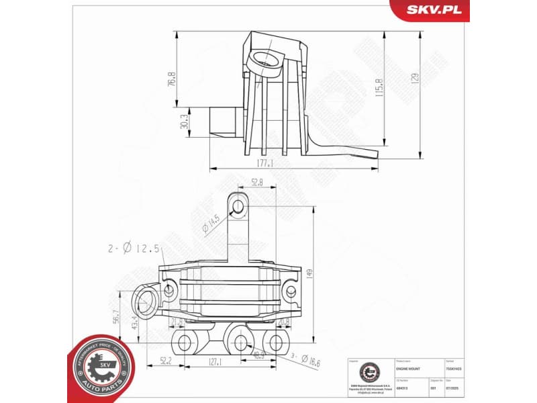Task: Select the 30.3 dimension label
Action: point(184,122)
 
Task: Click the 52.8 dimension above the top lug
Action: point(256,182)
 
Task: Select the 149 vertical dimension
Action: point(309,275)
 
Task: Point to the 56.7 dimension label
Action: point(116,316)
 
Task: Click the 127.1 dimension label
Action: point(215,362)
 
